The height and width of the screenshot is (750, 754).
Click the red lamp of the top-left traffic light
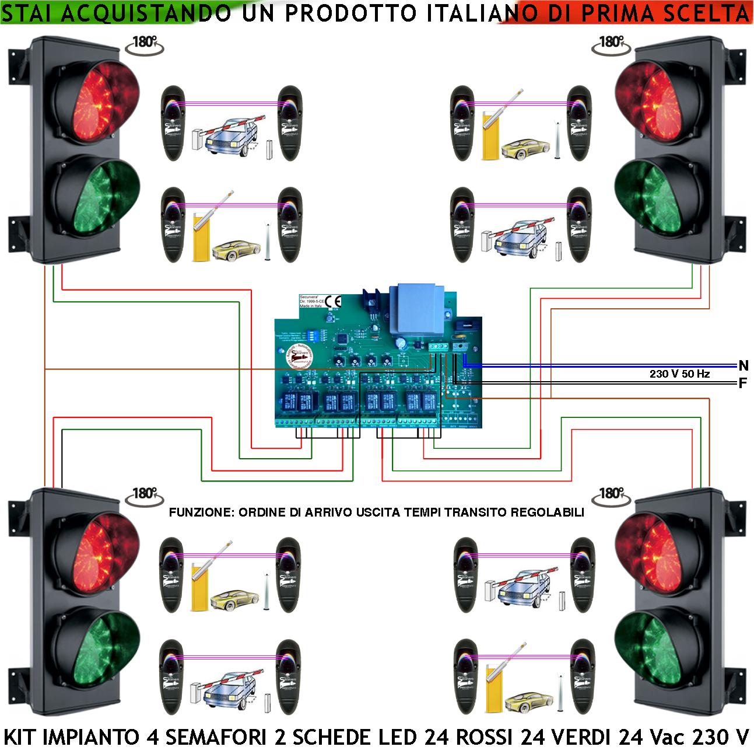[x=96, y=96]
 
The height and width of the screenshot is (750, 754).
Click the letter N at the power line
[x=743, y=366]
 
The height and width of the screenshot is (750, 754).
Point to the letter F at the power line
[x=743, y=384]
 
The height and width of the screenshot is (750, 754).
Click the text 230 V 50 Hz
[x=679, y=374]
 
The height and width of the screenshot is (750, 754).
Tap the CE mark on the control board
[x=334, y=301]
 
